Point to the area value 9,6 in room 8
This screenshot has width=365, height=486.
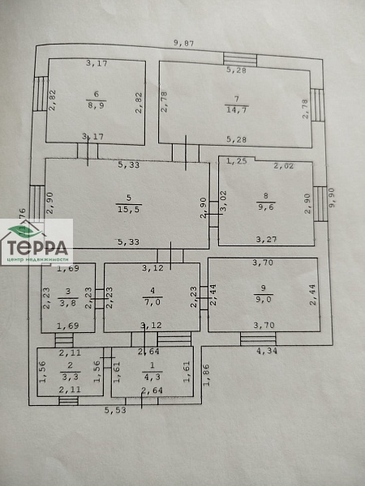(265, 205)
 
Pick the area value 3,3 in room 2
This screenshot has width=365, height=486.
(70, 377)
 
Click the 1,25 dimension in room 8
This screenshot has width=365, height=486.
(236, 161)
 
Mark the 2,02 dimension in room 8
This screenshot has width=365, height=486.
(283, 167)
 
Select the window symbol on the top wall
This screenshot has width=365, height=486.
(240, 58)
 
